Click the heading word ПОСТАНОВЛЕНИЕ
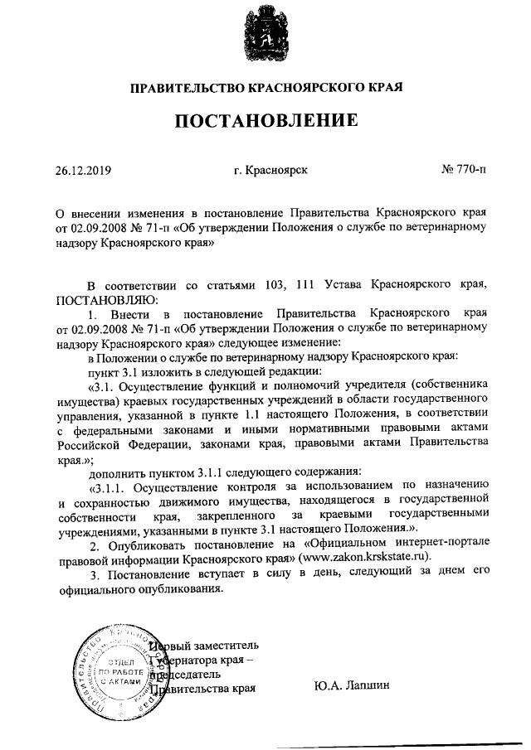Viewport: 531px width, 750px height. click(265, 122)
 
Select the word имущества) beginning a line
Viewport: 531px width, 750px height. click(86, 400)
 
